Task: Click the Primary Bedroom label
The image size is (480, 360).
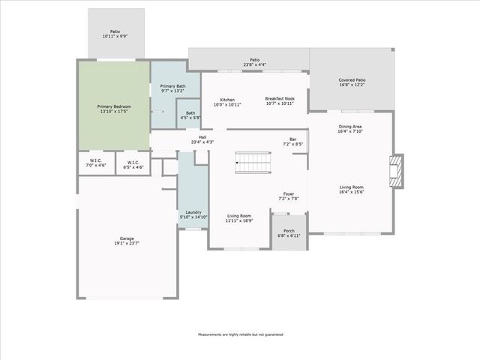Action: point(114,109)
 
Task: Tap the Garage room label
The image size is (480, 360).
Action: point(127,241)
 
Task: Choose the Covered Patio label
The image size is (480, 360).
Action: point(352,82)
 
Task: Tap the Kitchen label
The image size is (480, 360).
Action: point(227,102)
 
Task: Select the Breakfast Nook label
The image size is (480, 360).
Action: point(280,100)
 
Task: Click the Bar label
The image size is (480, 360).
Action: point(292,142)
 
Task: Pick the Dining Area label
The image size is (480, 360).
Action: point(351,129)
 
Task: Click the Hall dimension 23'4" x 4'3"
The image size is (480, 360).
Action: point(202,142)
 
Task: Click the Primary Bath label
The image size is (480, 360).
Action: point(172,88)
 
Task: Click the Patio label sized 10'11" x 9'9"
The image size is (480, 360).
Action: point(115,34)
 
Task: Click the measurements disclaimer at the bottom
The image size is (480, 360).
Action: point(240,334)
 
